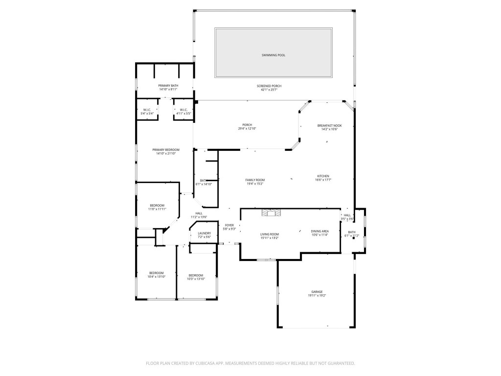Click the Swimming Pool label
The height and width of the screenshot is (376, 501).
(273, 55)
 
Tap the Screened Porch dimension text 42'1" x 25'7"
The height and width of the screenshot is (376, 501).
(269, 90)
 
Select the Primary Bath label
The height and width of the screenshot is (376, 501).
(168, 86)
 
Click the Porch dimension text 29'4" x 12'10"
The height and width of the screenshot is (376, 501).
(247, 129)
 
